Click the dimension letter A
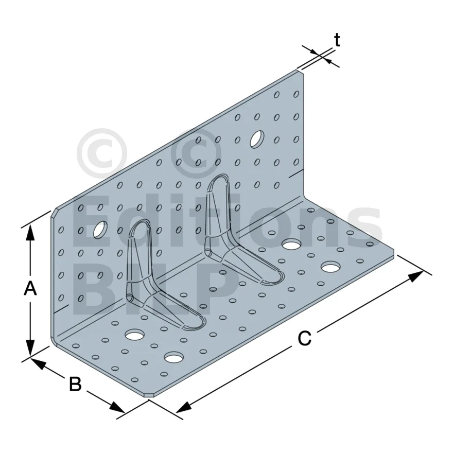pos(30,289)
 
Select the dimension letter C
pos(305,338)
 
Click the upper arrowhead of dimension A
pos(30,233)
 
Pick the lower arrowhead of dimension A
pos(30,347)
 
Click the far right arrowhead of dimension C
pos(416,277)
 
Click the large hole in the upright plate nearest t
pos(257,140)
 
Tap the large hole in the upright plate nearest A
pos(100,230)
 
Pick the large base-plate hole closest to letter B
pos(174,357)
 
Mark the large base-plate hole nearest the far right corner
pos(330,267)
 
